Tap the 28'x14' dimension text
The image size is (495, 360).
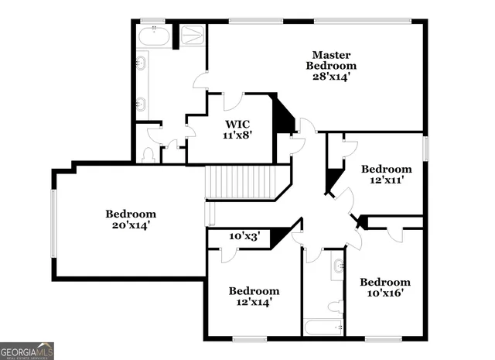click(332, 77)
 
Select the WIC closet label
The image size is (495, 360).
click(237, 124)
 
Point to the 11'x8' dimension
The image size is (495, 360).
click(237, 135)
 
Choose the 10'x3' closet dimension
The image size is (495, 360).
click(244, 236)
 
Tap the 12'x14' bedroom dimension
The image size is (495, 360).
click(254, 303)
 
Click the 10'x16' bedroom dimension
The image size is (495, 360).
click(384, 293)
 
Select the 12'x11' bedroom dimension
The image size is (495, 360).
click(387, 180)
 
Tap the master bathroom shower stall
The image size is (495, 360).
click(193, 36)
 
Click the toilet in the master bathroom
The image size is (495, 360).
click(148, 155)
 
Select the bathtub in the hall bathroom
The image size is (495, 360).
click(324, 327)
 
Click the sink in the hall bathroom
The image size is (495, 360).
click(337, 267)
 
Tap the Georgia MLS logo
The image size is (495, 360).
click(27, 351)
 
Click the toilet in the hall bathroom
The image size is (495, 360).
click(335, 307)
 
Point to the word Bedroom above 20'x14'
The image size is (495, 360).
click(131, 214)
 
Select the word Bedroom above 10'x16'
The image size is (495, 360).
click(385, 282)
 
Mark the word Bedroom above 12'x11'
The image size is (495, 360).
click(387, 169)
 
